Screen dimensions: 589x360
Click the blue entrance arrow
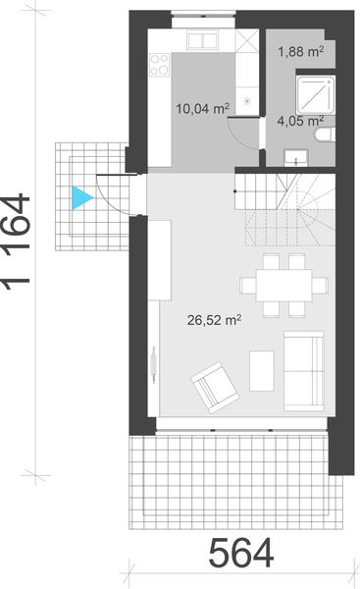tap(81, 197)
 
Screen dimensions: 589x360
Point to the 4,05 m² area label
tap(299, 122)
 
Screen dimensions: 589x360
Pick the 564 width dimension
tap(239, 555)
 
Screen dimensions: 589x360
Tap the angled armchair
tap(215, 387)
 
